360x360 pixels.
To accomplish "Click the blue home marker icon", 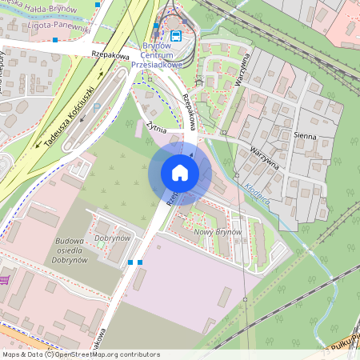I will tap(180, 173).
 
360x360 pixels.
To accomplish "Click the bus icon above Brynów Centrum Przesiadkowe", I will tap(175, 35).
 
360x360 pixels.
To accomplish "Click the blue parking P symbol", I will tap(97, 106).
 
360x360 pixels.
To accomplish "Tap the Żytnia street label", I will tap(156, 127).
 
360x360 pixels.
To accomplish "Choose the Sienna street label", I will tap(305, 136).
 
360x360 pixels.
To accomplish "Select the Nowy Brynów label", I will tap(218, 231).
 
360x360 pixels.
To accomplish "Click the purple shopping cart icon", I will tap(5, 280).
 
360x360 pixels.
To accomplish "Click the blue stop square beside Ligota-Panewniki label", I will tap(54, 38).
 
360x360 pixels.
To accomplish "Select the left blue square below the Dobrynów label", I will tap(130, 262).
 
